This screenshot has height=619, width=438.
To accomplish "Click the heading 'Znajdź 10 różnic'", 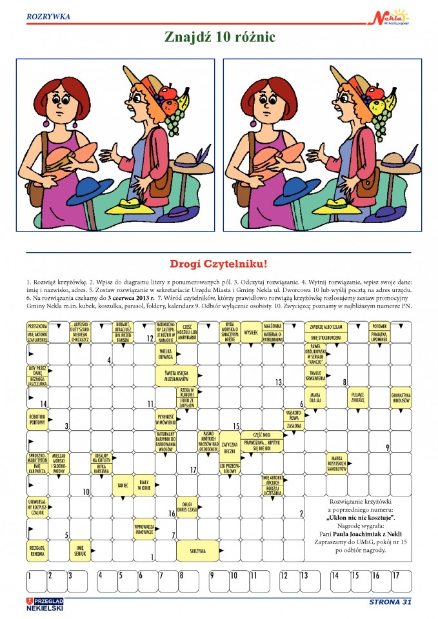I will click(219, 38).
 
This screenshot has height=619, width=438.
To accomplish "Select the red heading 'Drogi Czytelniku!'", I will click(218, 264).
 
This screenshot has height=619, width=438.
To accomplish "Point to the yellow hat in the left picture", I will click(135, 206).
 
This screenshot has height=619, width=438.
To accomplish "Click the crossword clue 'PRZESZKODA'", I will click(38, 326).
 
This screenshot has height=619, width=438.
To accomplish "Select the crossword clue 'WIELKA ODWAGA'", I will click(166, 354).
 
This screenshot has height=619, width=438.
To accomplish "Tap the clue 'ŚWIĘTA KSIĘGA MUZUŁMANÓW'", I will click(176, 375).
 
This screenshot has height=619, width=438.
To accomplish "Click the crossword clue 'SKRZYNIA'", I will click(197, 551).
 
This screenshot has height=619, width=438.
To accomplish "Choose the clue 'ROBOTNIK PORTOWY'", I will click(37, 419).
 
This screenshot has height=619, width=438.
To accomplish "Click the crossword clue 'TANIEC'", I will click(123, 484).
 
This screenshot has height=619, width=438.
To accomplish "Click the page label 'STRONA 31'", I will click(390, 602).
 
